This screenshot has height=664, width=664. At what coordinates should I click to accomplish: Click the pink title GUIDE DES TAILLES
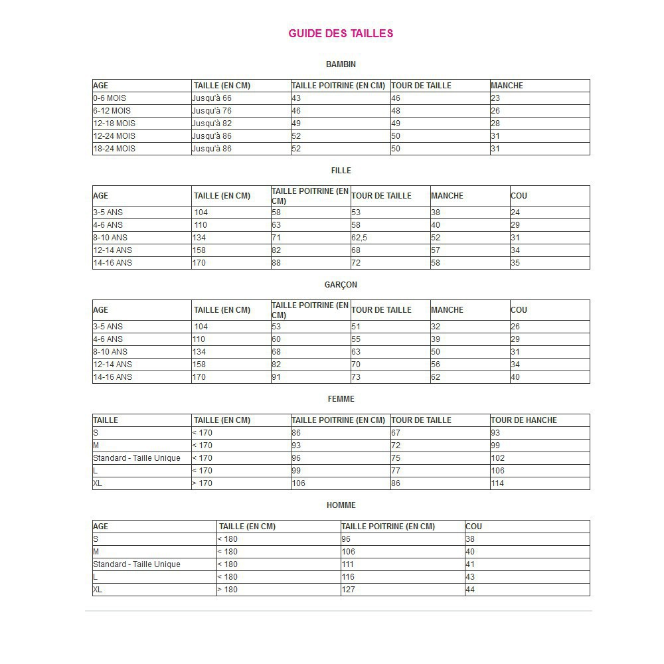pyautogui.click(x=341, y=33)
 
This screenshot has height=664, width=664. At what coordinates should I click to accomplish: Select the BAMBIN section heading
pyautogui.click(x=341, y=64)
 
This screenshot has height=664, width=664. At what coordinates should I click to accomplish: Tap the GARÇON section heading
pyautogui.click(x=341, y=285)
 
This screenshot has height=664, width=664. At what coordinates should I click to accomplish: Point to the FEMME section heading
pyautogui.click(x=341, y=399)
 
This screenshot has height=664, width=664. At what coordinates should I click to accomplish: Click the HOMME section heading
pyautogui.click(x=341, y=505)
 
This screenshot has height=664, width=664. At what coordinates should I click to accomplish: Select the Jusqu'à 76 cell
pyautogui.click(x=212, y=111)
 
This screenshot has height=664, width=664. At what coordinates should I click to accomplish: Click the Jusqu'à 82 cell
pyautogui.click(x=212, y=124)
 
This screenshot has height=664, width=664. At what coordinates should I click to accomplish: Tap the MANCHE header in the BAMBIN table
pyautogui.click(x=507, y=86)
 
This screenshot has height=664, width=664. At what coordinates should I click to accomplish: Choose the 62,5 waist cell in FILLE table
pyautogui.click(x=359, y=238)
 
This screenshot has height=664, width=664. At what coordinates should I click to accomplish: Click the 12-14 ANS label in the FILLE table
pyautogui.click(x=112, y=250)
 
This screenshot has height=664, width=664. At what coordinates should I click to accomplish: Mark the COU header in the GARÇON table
pyautogui.click(x=519, y=310)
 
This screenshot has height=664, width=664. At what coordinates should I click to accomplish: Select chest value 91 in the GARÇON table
pyautogui.click(x=276, y=377)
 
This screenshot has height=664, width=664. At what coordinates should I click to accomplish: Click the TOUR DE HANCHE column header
pyautogui.click(x=523, y=420)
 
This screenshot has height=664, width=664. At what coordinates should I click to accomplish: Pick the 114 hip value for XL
pyautogui.click(x=497, y=483)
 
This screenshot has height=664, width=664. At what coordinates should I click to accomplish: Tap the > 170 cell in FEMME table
pyautogui.click(x=203, y=483)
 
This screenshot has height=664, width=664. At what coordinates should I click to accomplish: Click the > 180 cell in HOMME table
pyautogui.click(x=227, y=590)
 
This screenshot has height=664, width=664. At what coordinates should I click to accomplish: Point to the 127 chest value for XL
pyautogui.click(x=348, y=590)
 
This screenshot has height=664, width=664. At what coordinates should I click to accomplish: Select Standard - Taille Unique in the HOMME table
pyautogui.click(x=137, y=564)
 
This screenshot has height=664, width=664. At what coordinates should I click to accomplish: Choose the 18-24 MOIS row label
pyautogui.click(x=114, y=149)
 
